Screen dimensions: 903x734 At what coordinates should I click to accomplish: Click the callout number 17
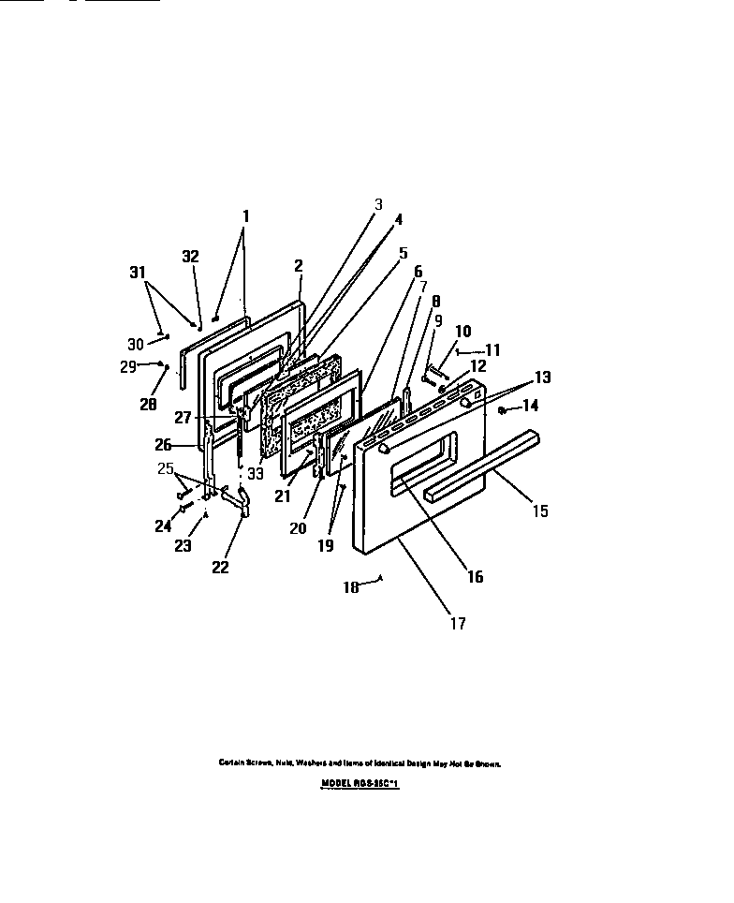tap(457, 623)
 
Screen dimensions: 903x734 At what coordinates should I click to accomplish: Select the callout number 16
tap(475, 577)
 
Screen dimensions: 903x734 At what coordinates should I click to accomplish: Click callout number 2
tap(298, 265)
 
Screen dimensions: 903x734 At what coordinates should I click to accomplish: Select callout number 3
tap(378, 203)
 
